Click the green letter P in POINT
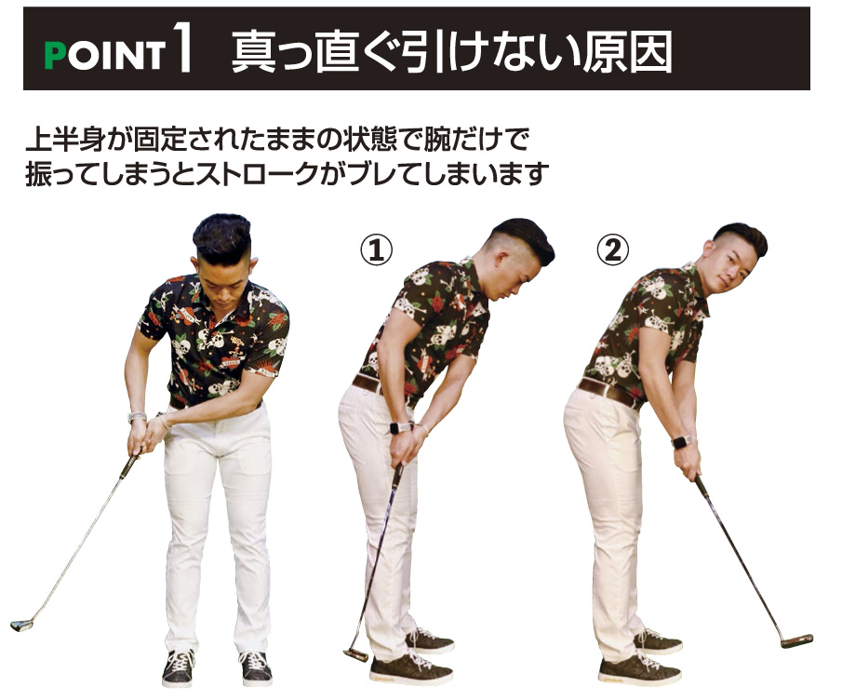point(54,55)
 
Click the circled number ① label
point(376,250)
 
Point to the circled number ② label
point(613,250)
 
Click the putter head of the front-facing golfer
point(21,625)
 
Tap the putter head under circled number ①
point(355,655)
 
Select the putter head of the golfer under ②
point(797,641)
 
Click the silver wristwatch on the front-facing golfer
point(137,417)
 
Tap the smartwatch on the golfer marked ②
point(680,442)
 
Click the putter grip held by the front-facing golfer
point(129,466)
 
